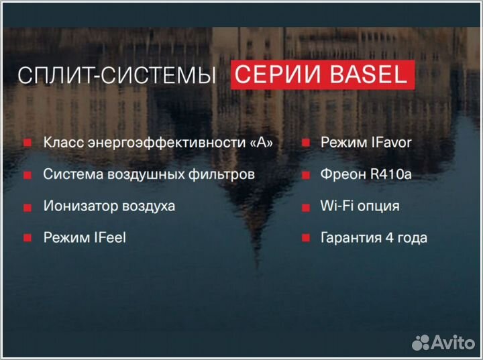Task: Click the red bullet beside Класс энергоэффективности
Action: tap(28, 143)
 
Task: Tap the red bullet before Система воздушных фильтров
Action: tap(28, 175)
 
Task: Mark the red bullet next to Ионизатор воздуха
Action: tap(28, 206)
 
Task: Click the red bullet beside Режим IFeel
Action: tap(28, 238)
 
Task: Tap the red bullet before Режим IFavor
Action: tap(305, 143)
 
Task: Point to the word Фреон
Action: tap(342, 174)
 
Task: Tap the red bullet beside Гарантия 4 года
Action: tap(305, 238)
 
